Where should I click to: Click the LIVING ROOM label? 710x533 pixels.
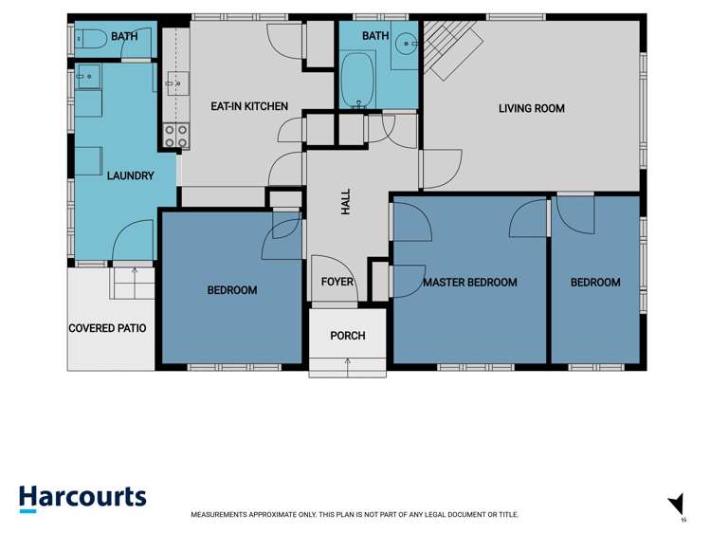coord(531,108)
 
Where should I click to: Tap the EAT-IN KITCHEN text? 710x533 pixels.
coord(249,106)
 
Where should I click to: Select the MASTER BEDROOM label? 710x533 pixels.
coord(469,282)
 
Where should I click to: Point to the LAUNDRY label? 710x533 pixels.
coord(130,175)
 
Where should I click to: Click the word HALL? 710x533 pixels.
coord(346,201)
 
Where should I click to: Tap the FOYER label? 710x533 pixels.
coord(337,282)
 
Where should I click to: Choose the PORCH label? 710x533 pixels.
coord(347,336)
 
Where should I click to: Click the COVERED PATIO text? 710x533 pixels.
coord(107,328)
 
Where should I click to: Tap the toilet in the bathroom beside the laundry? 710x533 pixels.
coord(83,39)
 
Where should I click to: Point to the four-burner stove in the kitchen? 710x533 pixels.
coord(175,136)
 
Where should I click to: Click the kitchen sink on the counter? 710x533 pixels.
coord(174,83)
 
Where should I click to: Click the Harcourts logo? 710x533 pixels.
coord(82,497)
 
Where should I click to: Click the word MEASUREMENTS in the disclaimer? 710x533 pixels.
coord(221,514)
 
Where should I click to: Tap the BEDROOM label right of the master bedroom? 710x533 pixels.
coord(594,282)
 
